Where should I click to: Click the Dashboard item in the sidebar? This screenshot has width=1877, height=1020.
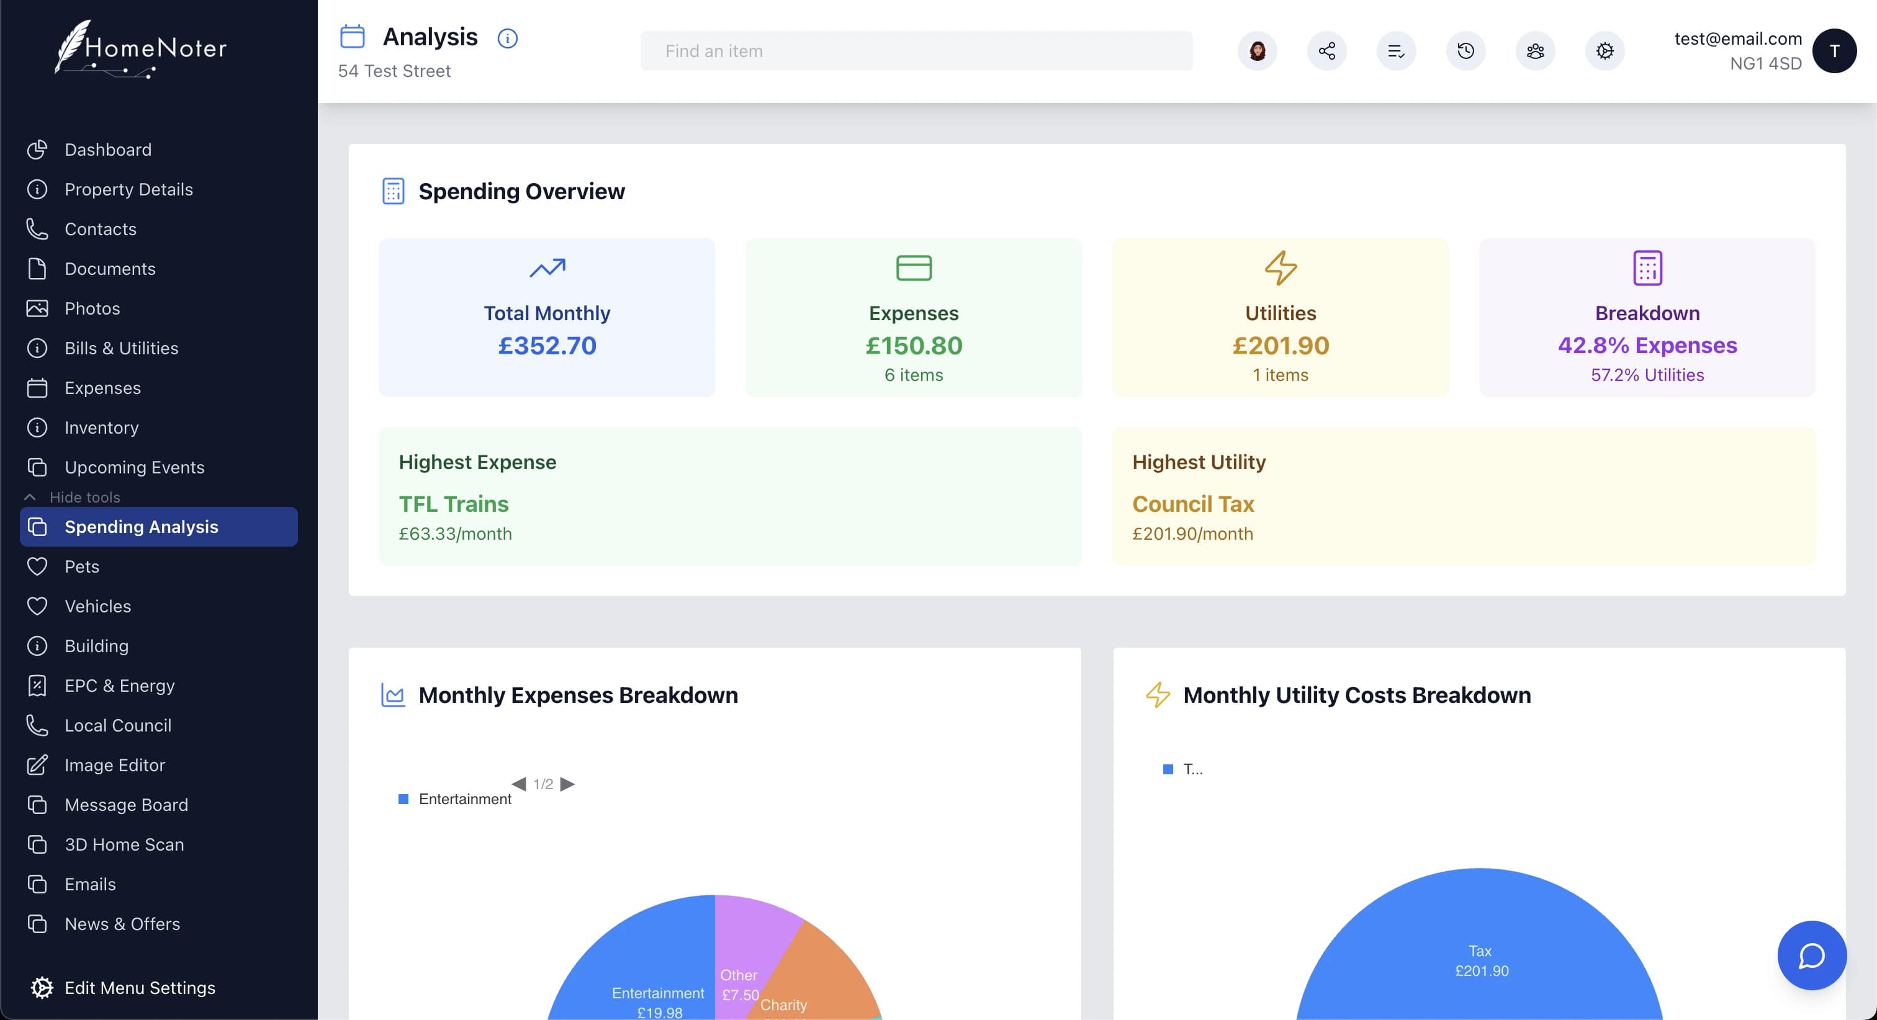coord(108,150)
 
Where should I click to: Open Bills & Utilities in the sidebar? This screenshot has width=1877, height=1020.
coord(121,348)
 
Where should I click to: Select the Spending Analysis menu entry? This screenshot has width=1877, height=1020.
coord(142,527)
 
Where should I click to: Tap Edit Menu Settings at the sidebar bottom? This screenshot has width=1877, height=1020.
coord(139,988)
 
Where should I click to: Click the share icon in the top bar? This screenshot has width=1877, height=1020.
coord(1326,51)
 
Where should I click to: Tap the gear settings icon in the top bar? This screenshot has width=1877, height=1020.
coord(1605,51)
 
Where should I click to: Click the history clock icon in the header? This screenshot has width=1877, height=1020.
coord(1465,51)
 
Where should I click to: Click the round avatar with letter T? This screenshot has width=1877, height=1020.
coord(1834,51)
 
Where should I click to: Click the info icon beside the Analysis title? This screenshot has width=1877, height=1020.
coord(507,38)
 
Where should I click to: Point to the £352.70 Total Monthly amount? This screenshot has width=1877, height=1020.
coord(547,346)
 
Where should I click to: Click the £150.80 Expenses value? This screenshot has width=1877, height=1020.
coord(914,346)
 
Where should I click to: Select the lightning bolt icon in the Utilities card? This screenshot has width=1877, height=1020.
coord(1281,267)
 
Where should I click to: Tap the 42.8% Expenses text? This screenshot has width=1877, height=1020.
coord(1647,346)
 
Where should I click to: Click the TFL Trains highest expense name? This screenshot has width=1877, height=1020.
coord(453,504)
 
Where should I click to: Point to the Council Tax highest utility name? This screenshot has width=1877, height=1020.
coord(1193,504)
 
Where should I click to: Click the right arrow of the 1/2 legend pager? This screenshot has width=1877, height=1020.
coord(567,784)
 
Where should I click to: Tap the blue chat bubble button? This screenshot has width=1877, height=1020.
coord(1811,955)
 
